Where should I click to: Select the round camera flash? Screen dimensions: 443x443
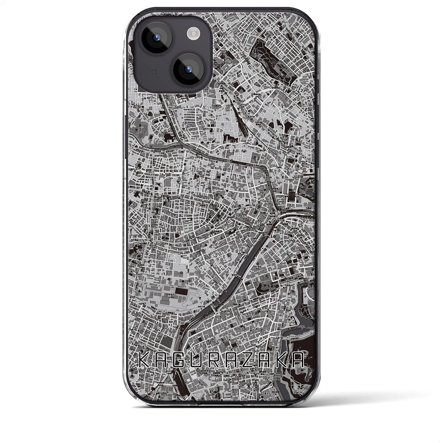click(192, 34)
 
